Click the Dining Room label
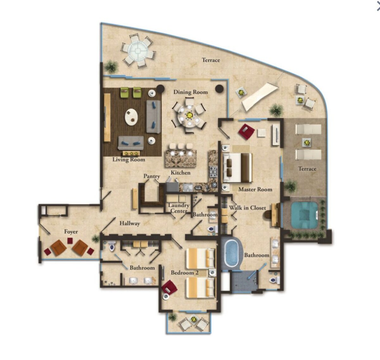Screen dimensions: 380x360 pyautogui.click(x=190, y=92)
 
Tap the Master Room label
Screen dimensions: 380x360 pyautogui.click(x=255, y=190)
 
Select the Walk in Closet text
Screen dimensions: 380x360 pyautogui.click(x=248, y=208)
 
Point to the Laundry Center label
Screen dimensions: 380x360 pyautogui.click(x=178, y=208)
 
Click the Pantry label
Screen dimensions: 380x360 pyautogui.click(x=152, y=177)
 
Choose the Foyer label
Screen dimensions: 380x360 pyautogui.click(x=71, y=232)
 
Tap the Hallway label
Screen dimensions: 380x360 pyautogui.click(x=130, y=223)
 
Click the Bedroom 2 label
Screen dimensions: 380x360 pyautogui.click(x=185, y=273)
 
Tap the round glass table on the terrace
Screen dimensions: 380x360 pyautogui.click(x=138, y=51)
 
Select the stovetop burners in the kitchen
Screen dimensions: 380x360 pyautogui.click(x=213, y=171)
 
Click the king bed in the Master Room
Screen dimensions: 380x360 pyautogui.click(x=237, y=168)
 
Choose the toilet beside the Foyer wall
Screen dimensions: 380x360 pyautogui.click(x=111, y=246)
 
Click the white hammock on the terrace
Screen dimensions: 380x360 pyautogui.click(x=259, y=97)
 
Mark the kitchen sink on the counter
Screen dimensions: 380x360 pyautogui.click(x=187, y=188)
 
